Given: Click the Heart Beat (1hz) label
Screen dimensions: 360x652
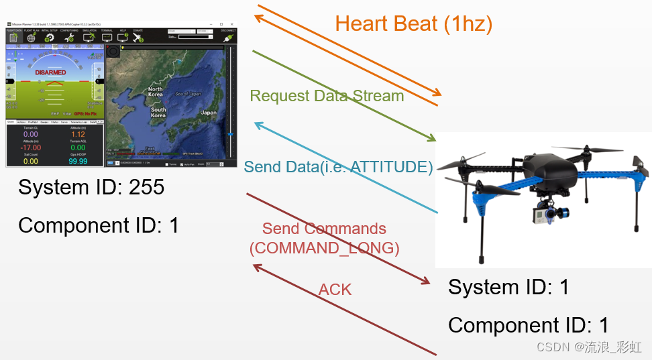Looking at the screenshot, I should [413, 24].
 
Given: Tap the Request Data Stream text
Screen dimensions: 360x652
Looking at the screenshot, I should [327, 96].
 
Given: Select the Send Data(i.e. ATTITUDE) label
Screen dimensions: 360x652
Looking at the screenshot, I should [338, 167].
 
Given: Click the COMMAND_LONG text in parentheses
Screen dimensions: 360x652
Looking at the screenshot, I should [324, 248].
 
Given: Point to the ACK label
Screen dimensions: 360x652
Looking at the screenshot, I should [335, 290].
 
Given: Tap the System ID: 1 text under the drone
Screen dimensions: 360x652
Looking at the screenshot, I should [508, 287].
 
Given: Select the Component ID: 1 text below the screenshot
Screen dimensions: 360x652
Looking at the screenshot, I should [99, 225].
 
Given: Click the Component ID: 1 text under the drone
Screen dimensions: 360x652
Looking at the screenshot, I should [528, 325].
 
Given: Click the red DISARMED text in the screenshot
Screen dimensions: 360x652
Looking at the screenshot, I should [50, 72].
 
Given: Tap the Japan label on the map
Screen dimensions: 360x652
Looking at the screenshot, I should [209, 113].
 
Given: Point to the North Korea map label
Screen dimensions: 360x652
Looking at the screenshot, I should [155, 92].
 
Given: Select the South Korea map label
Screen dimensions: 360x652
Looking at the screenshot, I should [158, 112].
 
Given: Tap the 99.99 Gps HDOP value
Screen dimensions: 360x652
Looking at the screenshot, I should [78, 161].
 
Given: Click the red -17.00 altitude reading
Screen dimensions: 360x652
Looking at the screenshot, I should [31, 147].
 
